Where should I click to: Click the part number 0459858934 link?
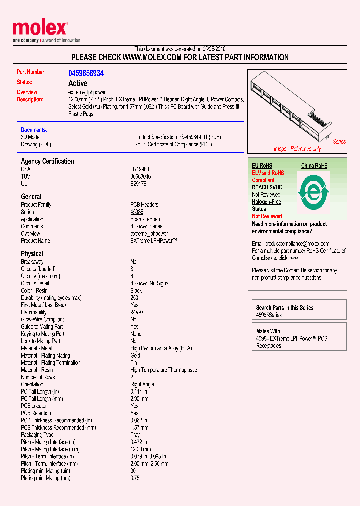(x=86, y=73)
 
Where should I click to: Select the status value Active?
(x=78, y=83)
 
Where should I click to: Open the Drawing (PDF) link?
(x=36, y=144)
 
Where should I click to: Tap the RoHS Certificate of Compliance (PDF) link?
(x=173, y=144)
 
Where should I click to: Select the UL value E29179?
(x=139, y=184)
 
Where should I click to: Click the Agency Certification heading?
(x=47, y=161)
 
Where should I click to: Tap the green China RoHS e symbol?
(x=314, y=191)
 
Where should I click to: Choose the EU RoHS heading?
(x=262, y=166)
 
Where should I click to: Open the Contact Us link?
(x=295, y=270)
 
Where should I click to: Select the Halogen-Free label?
(x=266, y=202)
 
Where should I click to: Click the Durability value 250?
(x=134, y=298)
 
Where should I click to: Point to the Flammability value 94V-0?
(x=137, y=312)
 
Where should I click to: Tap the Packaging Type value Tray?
(x=135, y=435)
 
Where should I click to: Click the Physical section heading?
(x=32, y=254)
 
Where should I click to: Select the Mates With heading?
(x=268, y=331)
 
